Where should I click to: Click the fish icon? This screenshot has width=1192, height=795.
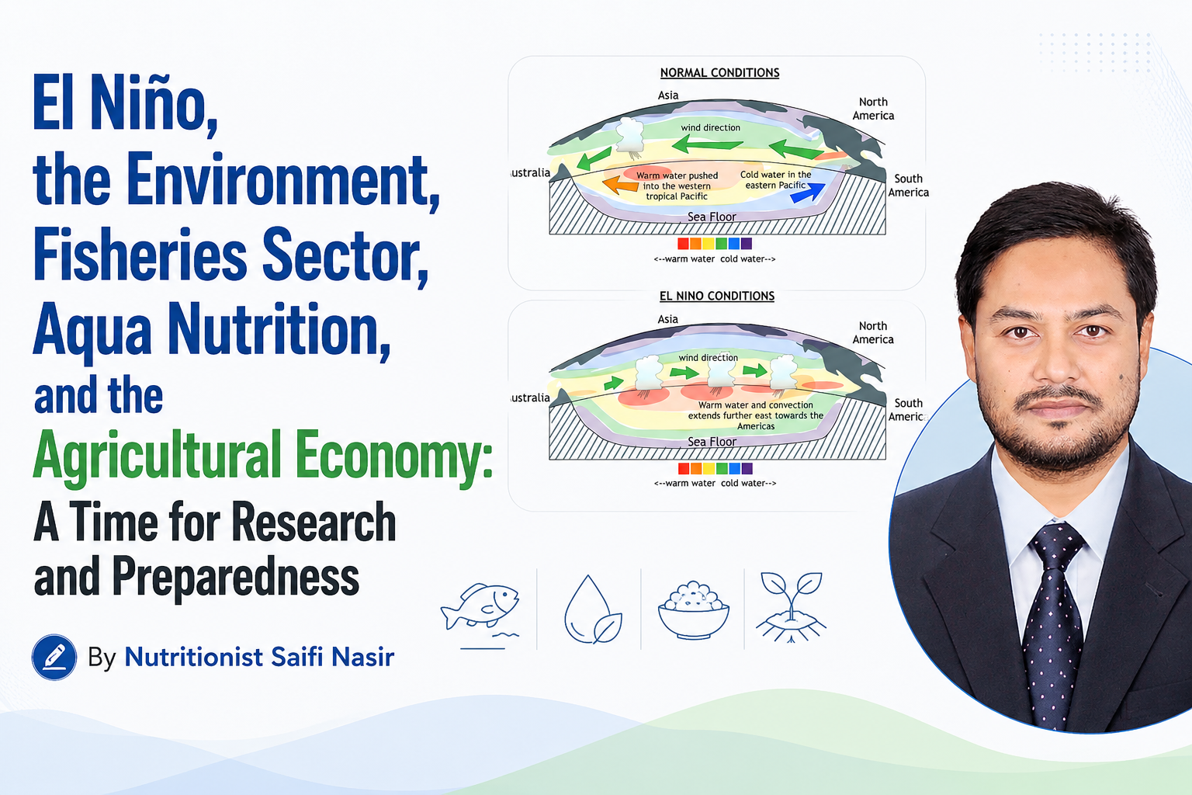coord(480,609)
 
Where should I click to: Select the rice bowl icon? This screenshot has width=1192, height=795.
coord(693,610)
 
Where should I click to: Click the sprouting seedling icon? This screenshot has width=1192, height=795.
coord(792,608)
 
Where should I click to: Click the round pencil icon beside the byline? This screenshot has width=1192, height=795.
coord(54,657)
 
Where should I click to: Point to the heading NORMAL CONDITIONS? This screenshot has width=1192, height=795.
coord(719,73)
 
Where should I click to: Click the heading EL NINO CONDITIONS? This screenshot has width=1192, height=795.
coord(717,296)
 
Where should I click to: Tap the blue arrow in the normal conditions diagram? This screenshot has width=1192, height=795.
coord(808,193)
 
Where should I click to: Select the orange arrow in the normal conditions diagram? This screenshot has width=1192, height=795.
coord(621,185)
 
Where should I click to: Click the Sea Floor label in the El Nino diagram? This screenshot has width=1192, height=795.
coord(712,442)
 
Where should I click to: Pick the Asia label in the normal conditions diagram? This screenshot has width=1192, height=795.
coord(668,95)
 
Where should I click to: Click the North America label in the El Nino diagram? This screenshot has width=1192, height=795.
coord(873,333)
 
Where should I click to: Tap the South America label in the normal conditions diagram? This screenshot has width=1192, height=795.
coord(909,186)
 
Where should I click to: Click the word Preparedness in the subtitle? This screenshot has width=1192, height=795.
coord(236,577)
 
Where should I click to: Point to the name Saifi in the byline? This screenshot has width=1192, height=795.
coord(297,657)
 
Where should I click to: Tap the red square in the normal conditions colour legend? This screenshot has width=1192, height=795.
coord(683,244)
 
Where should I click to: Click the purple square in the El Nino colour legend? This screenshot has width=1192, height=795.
coord(747,469)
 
